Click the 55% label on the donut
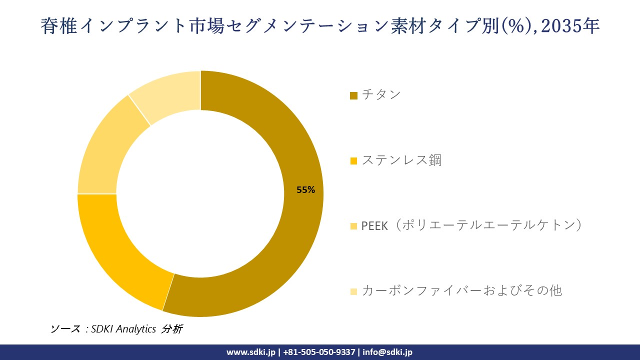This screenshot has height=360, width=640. pyautogui.click(x=305, y=190)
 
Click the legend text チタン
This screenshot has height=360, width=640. pyautogui.click(x=381, y=94)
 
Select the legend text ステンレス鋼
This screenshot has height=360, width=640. pyautogui.click(x=401, y=160)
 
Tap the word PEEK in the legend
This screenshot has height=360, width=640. pyautogui.click(x=374, y=226)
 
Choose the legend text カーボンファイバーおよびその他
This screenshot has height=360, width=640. pyautogui.click(x=461, y=290)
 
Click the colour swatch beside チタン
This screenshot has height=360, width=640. pyautogui.click(x=353, y=95)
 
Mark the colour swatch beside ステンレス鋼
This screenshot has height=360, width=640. pyautogui.click(x=353, y=161)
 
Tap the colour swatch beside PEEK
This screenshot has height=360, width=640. pyautogui.click(x=353, y=226)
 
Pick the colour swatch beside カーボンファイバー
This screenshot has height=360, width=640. pyautogui.click(x=353, y=291)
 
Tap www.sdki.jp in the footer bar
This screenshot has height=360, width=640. pyautogui.click(x=250, y=352)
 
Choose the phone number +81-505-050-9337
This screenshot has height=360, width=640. pyautogui.click(x=319, y=352)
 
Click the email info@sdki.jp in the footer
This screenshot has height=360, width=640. pyautogui.click(x=387, y=352)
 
